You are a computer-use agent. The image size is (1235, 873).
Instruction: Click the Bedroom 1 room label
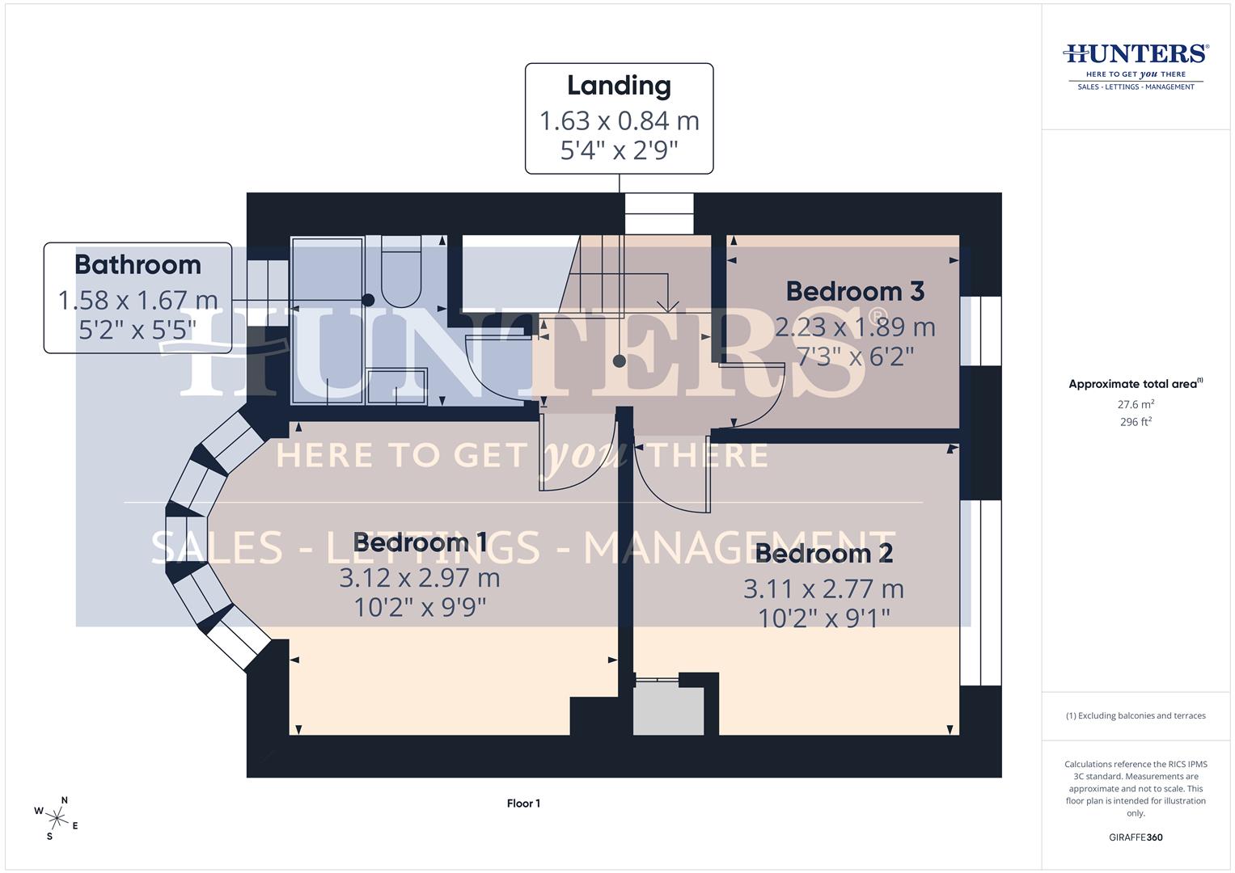[420, 542]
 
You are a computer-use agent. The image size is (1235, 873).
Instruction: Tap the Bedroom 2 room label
[823, 554]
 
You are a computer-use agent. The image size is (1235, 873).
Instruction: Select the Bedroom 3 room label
[854, 291]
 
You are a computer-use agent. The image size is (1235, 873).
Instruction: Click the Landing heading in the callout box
[619, 86]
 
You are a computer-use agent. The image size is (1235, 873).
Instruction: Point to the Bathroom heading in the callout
[137, 264]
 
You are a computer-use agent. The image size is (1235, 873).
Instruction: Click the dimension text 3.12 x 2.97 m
[420, 578]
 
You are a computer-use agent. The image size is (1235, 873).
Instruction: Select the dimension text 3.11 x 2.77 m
[823, 589]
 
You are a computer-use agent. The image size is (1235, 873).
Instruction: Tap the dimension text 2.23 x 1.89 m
[855, 327]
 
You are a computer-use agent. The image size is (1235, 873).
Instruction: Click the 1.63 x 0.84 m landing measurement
[619, 120]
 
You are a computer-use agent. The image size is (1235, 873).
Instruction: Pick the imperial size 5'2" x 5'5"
[137, 330]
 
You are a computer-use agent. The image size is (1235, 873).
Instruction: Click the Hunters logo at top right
[1136, 65]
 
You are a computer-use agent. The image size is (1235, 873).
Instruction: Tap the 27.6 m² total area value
[1136, 404]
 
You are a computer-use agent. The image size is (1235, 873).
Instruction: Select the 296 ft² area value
[1136, 422]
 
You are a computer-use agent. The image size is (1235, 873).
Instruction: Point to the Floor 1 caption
[523, 803]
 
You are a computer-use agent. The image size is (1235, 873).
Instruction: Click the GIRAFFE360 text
[1136, 837]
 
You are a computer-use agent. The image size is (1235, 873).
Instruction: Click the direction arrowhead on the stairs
[667, 306]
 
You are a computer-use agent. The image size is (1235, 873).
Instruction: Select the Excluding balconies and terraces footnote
[1136, 715]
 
